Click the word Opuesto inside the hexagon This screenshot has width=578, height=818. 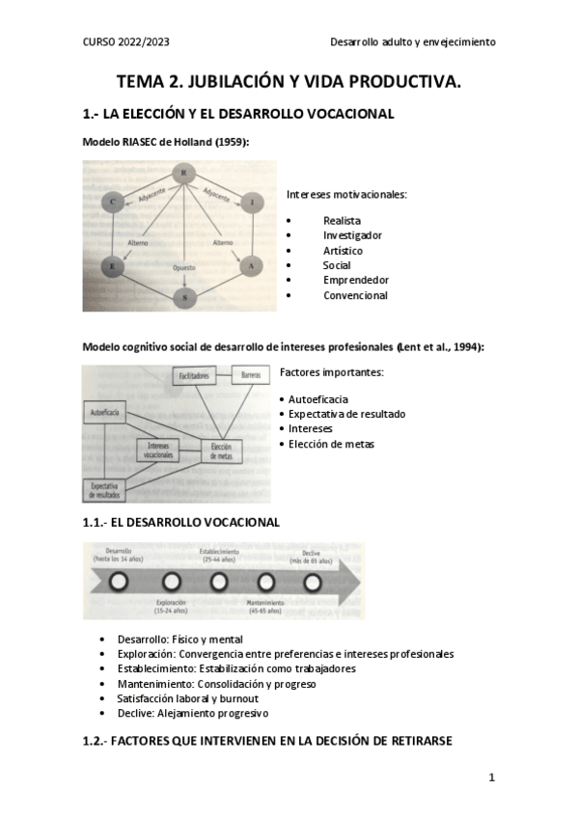(x=183, y=266)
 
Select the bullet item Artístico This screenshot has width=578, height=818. (x=343, y=250)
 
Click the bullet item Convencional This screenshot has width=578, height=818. (x=355, y=295)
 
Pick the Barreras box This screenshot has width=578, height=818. (x=256, y=372)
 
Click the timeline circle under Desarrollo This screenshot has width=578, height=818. (x=120, y=582)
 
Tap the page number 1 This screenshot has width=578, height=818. (x=491, y=777)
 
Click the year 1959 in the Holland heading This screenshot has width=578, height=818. (x=232, y=142)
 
